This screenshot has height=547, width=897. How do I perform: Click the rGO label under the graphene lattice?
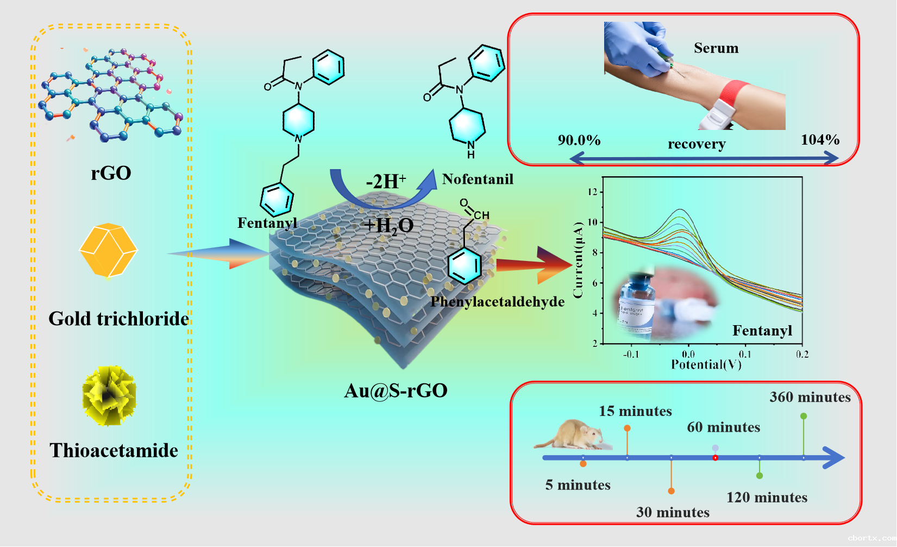(x=111, y=173)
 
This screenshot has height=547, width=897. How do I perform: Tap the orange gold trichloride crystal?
(x=108, y=250)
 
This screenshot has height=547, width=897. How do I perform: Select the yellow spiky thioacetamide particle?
(x=109, y=395)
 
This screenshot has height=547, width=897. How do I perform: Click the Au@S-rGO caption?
(x=396, y=390)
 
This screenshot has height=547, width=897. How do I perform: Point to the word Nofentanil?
(x=478, y=179)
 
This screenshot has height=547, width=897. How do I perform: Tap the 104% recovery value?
(x=820, y=140)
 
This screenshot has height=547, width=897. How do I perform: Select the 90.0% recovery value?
(x=579, y=140)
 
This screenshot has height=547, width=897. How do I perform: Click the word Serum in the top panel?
(x=716, y=48)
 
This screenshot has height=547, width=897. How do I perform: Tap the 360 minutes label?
(x=810, y=397)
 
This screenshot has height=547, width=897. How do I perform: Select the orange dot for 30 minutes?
(x=672, y=491)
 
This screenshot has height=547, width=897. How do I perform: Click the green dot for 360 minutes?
(x=804, y=416)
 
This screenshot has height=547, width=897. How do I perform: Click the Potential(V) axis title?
(x=706, y=364)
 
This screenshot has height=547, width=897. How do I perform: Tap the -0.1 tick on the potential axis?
(x=630, y=355)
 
